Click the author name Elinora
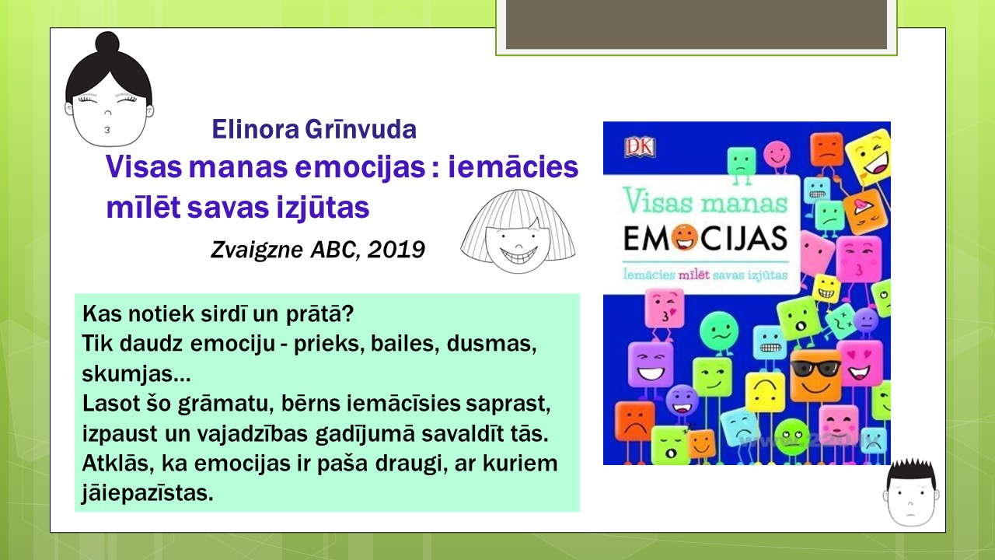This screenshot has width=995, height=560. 256,129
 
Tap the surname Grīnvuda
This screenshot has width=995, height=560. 361,129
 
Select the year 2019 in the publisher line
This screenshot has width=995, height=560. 396,250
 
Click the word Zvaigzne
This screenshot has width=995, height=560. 257,250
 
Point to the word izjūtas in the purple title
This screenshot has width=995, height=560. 323,208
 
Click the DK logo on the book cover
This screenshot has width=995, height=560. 640,147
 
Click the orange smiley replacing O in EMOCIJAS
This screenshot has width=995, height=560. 685,239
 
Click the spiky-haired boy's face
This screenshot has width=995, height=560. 911,498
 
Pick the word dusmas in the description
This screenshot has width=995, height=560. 492,344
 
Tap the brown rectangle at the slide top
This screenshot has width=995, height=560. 696,24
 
